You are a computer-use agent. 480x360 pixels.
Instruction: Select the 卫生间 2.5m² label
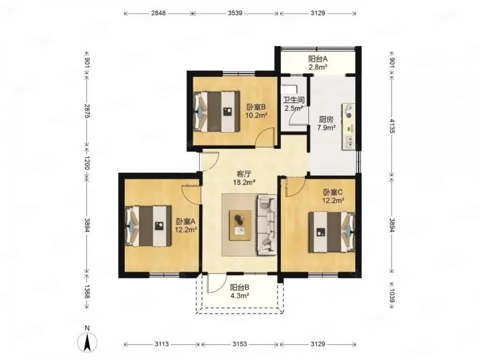pyautogui.click(x=294, y=104)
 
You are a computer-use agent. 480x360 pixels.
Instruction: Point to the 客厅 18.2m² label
pyautogui.click(x=244, y=178)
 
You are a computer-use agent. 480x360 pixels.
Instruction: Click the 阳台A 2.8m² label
pyautogui.click(x=318, y=62)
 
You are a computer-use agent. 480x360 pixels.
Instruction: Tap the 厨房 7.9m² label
pyautogui.click(x=326, y=123)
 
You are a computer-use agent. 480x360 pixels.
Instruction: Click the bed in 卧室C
pyautogui.click(x=332, y=232)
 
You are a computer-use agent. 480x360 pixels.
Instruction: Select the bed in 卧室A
pyautogui.click(x=148, y=226)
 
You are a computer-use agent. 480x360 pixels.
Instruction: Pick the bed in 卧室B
pyautogui.click(x=216, y=112)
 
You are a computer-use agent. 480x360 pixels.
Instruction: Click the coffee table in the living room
pyautogui.click(x=240, y=225)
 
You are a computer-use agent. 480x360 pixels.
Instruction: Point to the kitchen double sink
pyautogui.click(x=349, y=142)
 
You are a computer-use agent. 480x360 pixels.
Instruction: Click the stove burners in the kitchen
pyautogui.click(x=348, y=111)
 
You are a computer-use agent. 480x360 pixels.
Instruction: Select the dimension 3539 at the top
pyautogui.click(x=235, y=13)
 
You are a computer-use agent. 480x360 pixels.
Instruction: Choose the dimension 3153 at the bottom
pyautogui.click(x=240, y=344)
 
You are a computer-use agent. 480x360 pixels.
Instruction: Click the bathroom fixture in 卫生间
pyautogui.click(x=289, y=89)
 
